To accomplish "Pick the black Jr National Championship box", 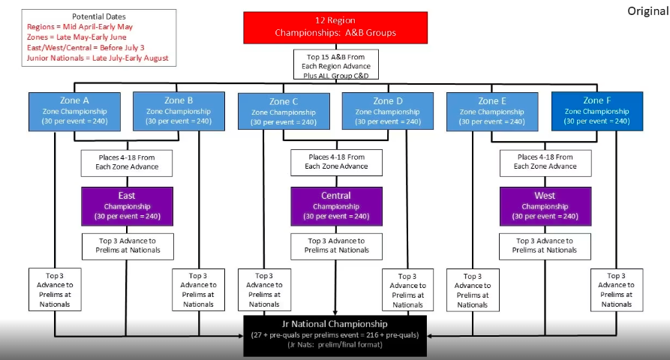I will tap(335, 334).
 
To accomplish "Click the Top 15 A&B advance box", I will tap(335, 64).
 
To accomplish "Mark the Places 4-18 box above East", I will tap(127, 162).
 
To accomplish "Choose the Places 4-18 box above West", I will tap(545, 162).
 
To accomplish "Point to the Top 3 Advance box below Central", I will tap(335, 246).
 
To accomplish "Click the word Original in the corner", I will tap(647, 12).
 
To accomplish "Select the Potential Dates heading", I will tap(99, 16).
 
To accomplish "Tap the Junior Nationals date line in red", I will tap(98, 58).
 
